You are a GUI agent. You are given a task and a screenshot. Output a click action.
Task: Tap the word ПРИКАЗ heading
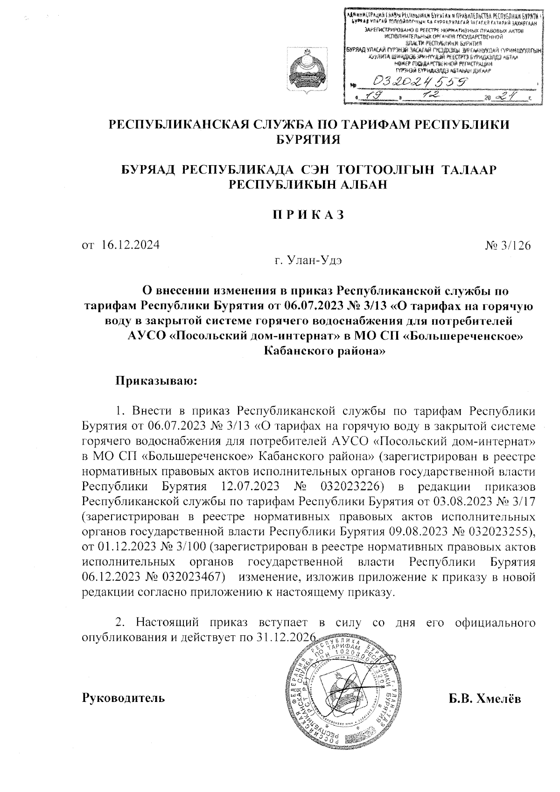click(x=308, y=215)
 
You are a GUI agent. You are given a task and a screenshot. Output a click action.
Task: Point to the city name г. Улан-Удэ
click(x=308, y=260)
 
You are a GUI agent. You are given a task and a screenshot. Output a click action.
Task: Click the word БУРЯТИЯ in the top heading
click(x=308, y=139)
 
